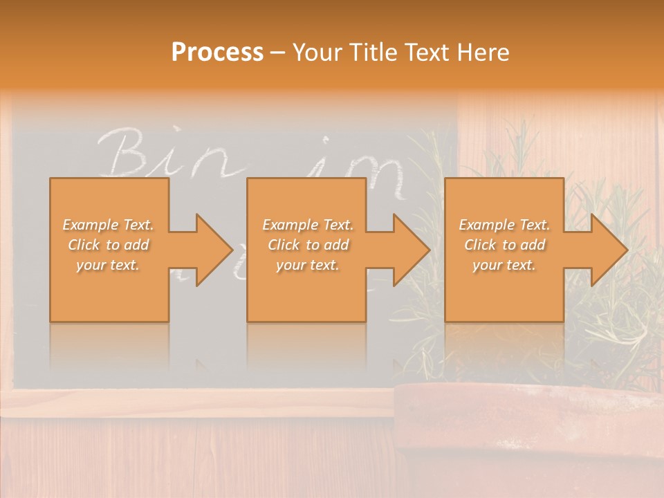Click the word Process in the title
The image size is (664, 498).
tap(217, 53)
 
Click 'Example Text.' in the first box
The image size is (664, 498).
tap(108, 225)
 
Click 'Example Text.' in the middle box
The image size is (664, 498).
tap(308, 225)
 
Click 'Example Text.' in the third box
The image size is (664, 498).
tap(504, 225)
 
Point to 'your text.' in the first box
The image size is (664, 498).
tap(108, 265)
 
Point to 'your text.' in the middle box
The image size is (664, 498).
tap(308, 265)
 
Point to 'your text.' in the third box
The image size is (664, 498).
tap(504, 265)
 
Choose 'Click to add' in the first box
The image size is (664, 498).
tap(108, 245)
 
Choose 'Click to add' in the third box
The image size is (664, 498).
tap(504, 245)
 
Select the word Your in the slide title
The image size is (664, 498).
tap(316, 53)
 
